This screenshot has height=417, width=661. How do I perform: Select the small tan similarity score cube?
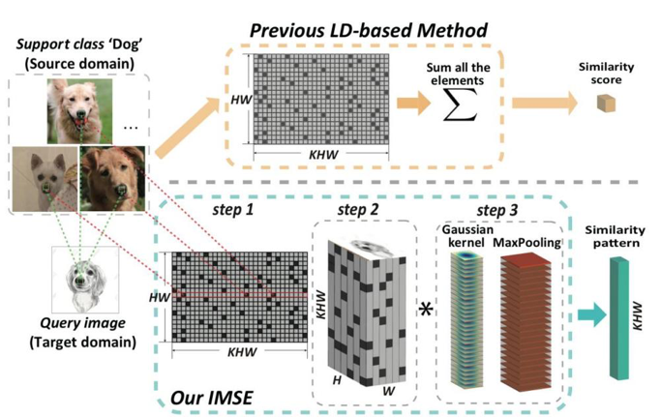pos(608,103)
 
